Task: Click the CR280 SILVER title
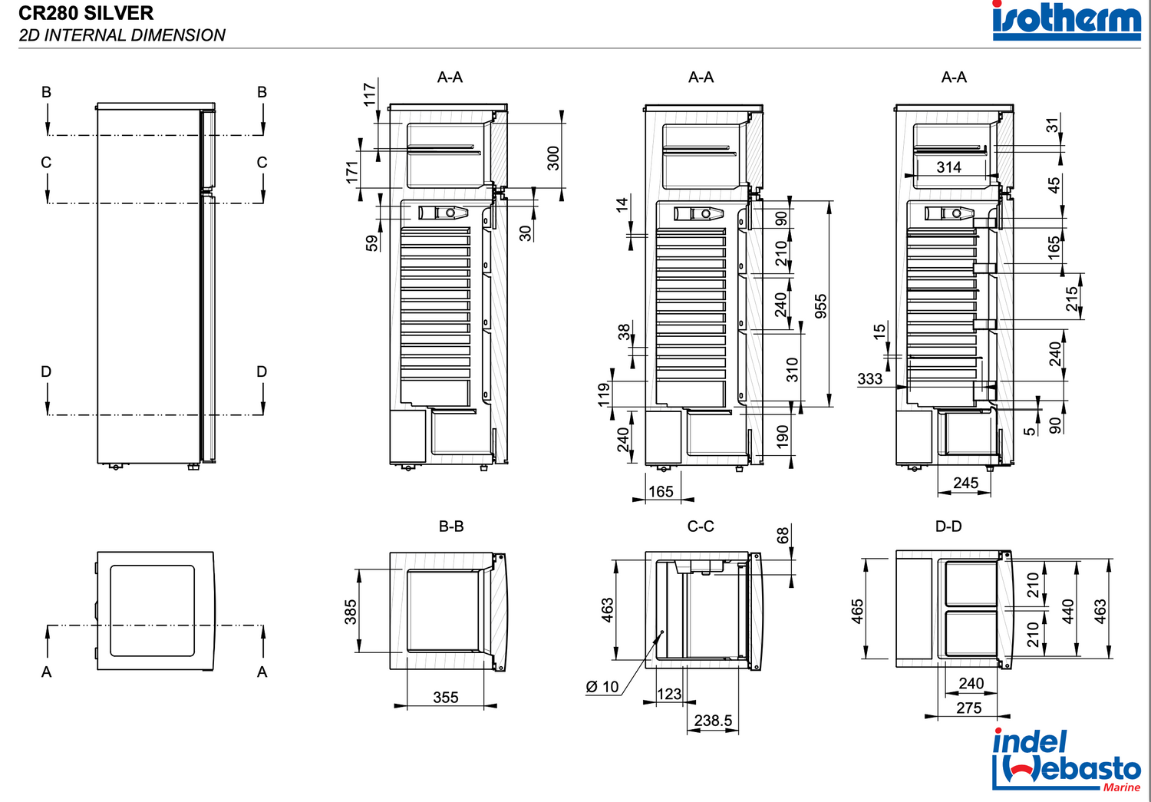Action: pos(86,13)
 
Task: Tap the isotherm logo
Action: pos(1067,20)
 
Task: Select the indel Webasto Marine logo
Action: pos(1067,760)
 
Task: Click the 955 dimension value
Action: pos(820,305)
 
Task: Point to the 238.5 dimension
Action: pos(713,721)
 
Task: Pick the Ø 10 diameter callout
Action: pos(602,687)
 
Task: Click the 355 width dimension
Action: pos(445,698)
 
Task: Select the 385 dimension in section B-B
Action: pos(351,612)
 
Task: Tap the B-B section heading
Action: pos(451,526)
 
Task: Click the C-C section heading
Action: pos(701,526)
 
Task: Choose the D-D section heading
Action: pos(948,526)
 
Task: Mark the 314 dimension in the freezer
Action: pos(948,167)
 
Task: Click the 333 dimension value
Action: pos(869,379)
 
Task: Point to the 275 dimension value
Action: pos(968,708)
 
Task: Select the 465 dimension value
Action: pos(857,611)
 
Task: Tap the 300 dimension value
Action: pos(553,158)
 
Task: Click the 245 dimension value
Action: pos(965,483)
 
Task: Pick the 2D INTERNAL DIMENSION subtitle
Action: pos(122,35)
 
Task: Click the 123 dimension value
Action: pos(668,694)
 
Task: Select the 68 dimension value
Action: pos(783,535)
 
